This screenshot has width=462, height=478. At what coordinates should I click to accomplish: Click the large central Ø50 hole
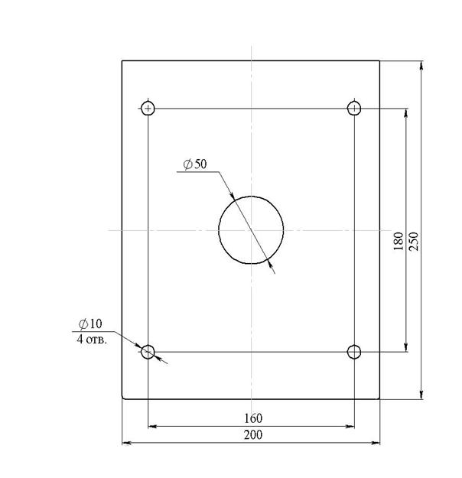point(219,230)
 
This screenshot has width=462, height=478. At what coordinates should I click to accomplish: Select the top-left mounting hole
point(142,109)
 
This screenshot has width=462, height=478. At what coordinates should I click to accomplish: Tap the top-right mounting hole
point(347,109)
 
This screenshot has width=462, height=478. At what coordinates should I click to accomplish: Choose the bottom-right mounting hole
point(347,352)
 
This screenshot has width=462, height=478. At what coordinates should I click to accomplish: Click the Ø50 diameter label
point(195,164)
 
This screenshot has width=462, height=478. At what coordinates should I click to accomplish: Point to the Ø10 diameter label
point(90,324)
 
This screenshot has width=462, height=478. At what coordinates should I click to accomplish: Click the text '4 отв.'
point(92,339)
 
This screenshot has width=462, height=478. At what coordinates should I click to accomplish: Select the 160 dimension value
point(253,418)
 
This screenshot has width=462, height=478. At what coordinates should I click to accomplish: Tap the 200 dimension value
point(253,434)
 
